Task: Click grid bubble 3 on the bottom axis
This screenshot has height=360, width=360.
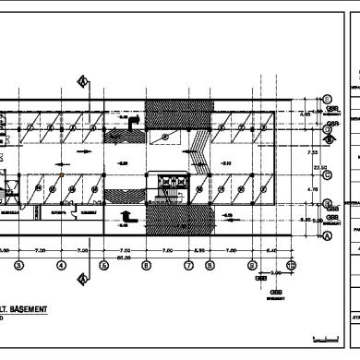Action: pos(18,266)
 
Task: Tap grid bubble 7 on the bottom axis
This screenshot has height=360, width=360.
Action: pos(188,266)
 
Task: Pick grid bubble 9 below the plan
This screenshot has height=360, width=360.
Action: pos(252,266)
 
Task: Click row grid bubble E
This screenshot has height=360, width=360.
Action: pos(327,99)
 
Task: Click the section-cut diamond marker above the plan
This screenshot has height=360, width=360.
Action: pos(82,81)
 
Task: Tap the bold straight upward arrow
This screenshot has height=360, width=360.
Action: pos(127,219)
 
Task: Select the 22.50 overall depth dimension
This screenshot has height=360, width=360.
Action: pos(322,167)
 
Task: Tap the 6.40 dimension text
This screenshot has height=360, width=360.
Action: pos(270,250)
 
